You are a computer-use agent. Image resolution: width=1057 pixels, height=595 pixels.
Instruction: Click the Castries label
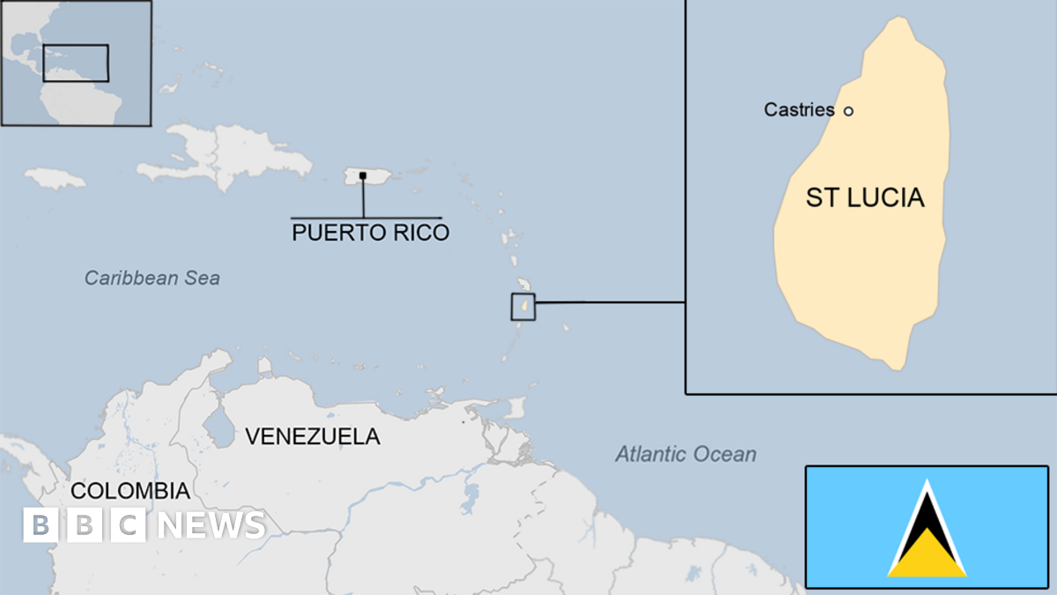coord(799,110)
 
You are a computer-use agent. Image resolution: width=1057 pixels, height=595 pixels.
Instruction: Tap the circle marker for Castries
coord(848,111)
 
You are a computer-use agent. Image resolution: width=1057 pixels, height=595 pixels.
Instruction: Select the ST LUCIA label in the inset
coord(865,197)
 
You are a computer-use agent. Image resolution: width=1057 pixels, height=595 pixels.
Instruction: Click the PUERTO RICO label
coord(370,233)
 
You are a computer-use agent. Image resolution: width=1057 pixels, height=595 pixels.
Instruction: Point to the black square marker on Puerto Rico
coord(363,175)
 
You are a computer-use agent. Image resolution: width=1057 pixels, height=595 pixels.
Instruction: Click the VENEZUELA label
coord(312,435)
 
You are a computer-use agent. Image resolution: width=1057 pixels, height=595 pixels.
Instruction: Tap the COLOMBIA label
coord(129,491)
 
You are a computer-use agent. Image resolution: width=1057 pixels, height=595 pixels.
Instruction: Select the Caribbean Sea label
coord(152,279)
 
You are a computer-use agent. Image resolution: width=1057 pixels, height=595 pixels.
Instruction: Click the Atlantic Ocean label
coord(685,455)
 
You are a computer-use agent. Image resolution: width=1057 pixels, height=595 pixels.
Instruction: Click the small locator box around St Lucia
coord(523,306)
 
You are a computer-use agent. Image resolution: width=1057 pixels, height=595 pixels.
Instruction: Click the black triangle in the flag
coord(927,520)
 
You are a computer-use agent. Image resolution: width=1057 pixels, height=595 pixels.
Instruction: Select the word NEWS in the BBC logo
coord(211,525)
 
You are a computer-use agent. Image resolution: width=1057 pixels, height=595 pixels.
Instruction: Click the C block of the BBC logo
coord(129,525)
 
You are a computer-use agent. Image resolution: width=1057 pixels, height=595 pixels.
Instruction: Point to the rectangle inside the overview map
coord(76,63)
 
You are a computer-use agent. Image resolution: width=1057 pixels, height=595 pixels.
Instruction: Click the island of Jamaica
coord(55,178)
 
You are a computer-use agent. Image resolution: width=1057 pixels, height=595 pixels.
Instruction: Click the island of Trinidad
coord(514,408)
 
